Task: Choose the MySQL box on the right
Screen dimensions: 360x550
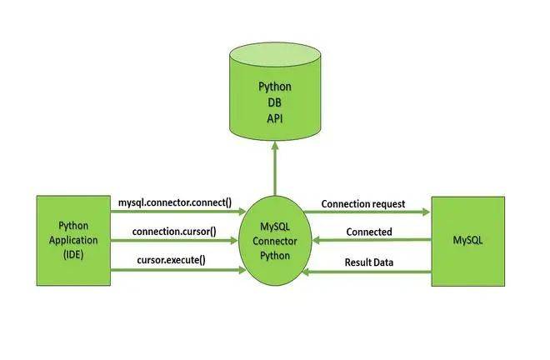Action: click(469, 241)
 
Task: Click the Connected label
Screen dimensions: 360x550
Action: click(368, 232)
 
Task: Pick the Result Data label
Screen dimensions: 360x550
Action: click(370, 262)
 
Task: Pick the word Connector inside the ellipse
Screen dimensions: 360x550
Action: click(275, 242)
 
